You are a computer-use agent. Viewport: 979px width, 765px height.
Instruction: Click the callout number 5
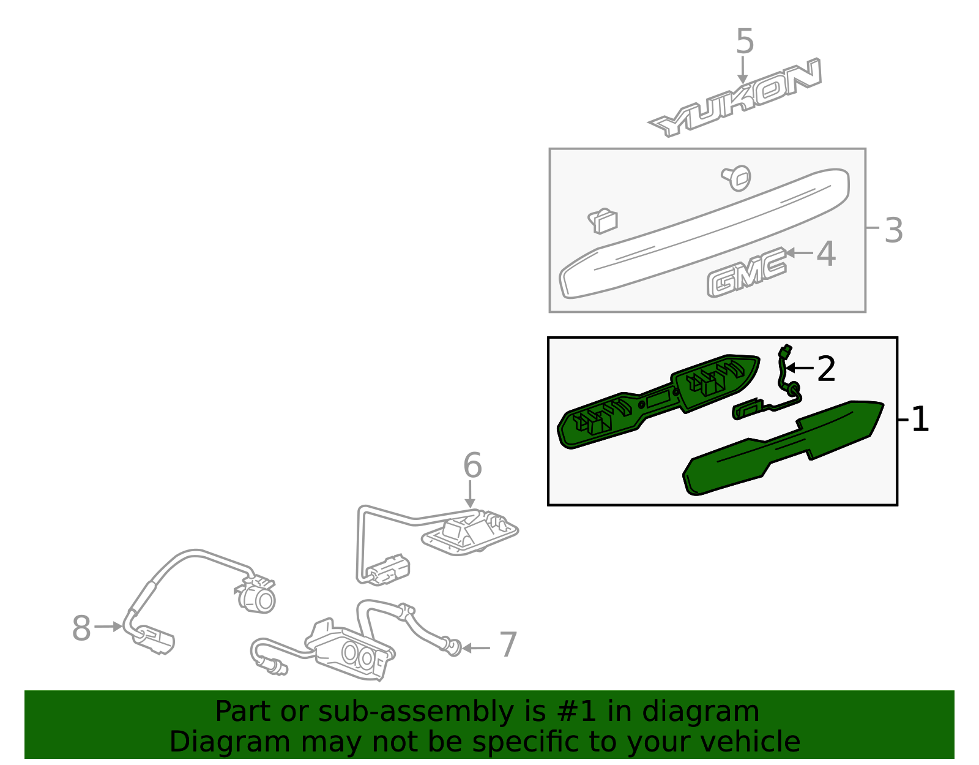tap(745, 42)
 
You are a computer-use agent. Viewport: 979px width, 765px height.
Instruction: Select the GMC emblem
tap(746, 273)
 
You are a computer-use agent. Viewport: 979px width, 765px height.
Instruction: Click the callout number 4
tap(826, 254)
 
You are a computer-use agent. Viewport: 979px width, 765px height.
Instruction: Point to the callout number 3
tap(894, 230)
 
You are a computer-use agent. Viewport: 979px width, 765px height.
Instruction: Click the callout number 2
tap(826, 369)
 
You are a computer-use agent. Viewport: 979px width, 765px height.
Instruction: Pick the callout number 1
tap(920, 419)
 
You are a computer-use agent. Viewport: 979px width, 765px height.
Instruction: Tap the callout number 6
tap(472, 465)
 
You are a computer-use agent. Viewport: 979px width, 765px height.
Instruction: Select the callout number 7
tap(508, 644)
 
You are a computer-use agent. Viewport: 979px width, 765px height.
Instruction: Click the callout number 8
tap(81, 628)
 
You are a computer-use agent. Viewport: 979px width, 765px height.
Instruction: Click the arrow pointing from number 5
tap(742, 70)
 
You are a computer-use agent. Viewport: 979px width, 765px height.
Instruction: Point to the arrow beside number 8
tap(108, 627)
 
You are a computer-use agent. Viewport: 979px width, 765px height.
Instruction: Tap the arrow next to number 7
tap(476, 648)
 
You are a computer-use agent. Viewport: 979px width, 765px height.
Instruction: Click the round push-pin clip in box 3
tap(737, 178)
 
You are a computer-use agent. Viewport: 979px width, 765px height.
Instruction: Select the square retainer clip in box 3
tap(603, 221)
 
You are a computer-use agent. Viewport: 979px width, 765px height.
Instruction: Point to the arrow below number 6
tap(470, 494)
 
